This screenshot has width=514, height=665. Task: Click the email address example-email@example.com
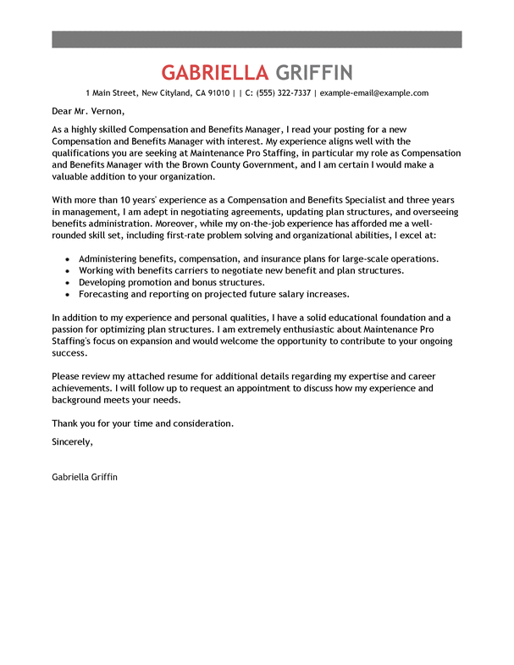(373, 93)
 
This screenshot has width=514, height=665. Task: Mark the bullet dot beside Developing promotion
(66, 282)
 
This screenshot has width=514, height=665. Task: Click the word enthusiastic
(307, 330)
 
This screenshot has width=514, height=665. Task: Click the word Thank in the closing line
(65, 423)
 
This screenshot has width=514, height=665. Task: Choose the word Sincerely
(72, 441)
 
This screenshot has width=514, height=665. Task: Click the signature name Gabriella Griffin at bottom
(85, 477)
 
